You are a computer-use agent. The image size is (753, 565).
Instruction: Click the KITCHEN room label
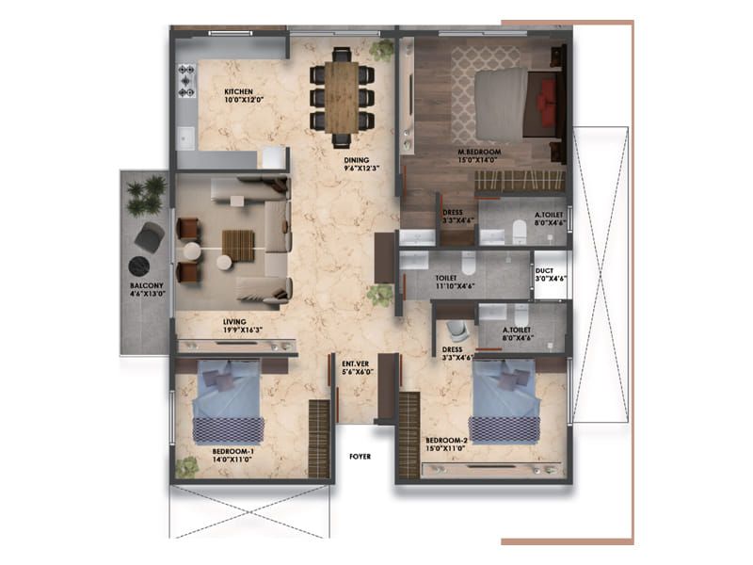(x=239, y=91)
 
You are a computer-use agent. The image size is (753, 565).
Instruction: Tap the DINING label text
(x=356, y=160)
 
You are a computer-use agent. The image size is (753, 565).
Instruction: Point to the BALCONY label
(x=147, y=285)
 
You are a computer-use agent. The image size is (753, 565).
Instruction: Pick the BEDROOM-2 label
(x=447, y=440)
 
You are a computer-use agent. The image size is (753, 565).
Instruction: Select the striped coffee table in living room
(x=238, y=246)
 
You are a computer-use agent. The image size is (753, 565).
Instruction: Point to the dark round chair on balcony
(x=149, y=238)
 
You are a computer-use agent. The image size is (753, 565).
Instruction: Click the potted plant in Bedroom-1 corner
(x=187, y=466)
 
